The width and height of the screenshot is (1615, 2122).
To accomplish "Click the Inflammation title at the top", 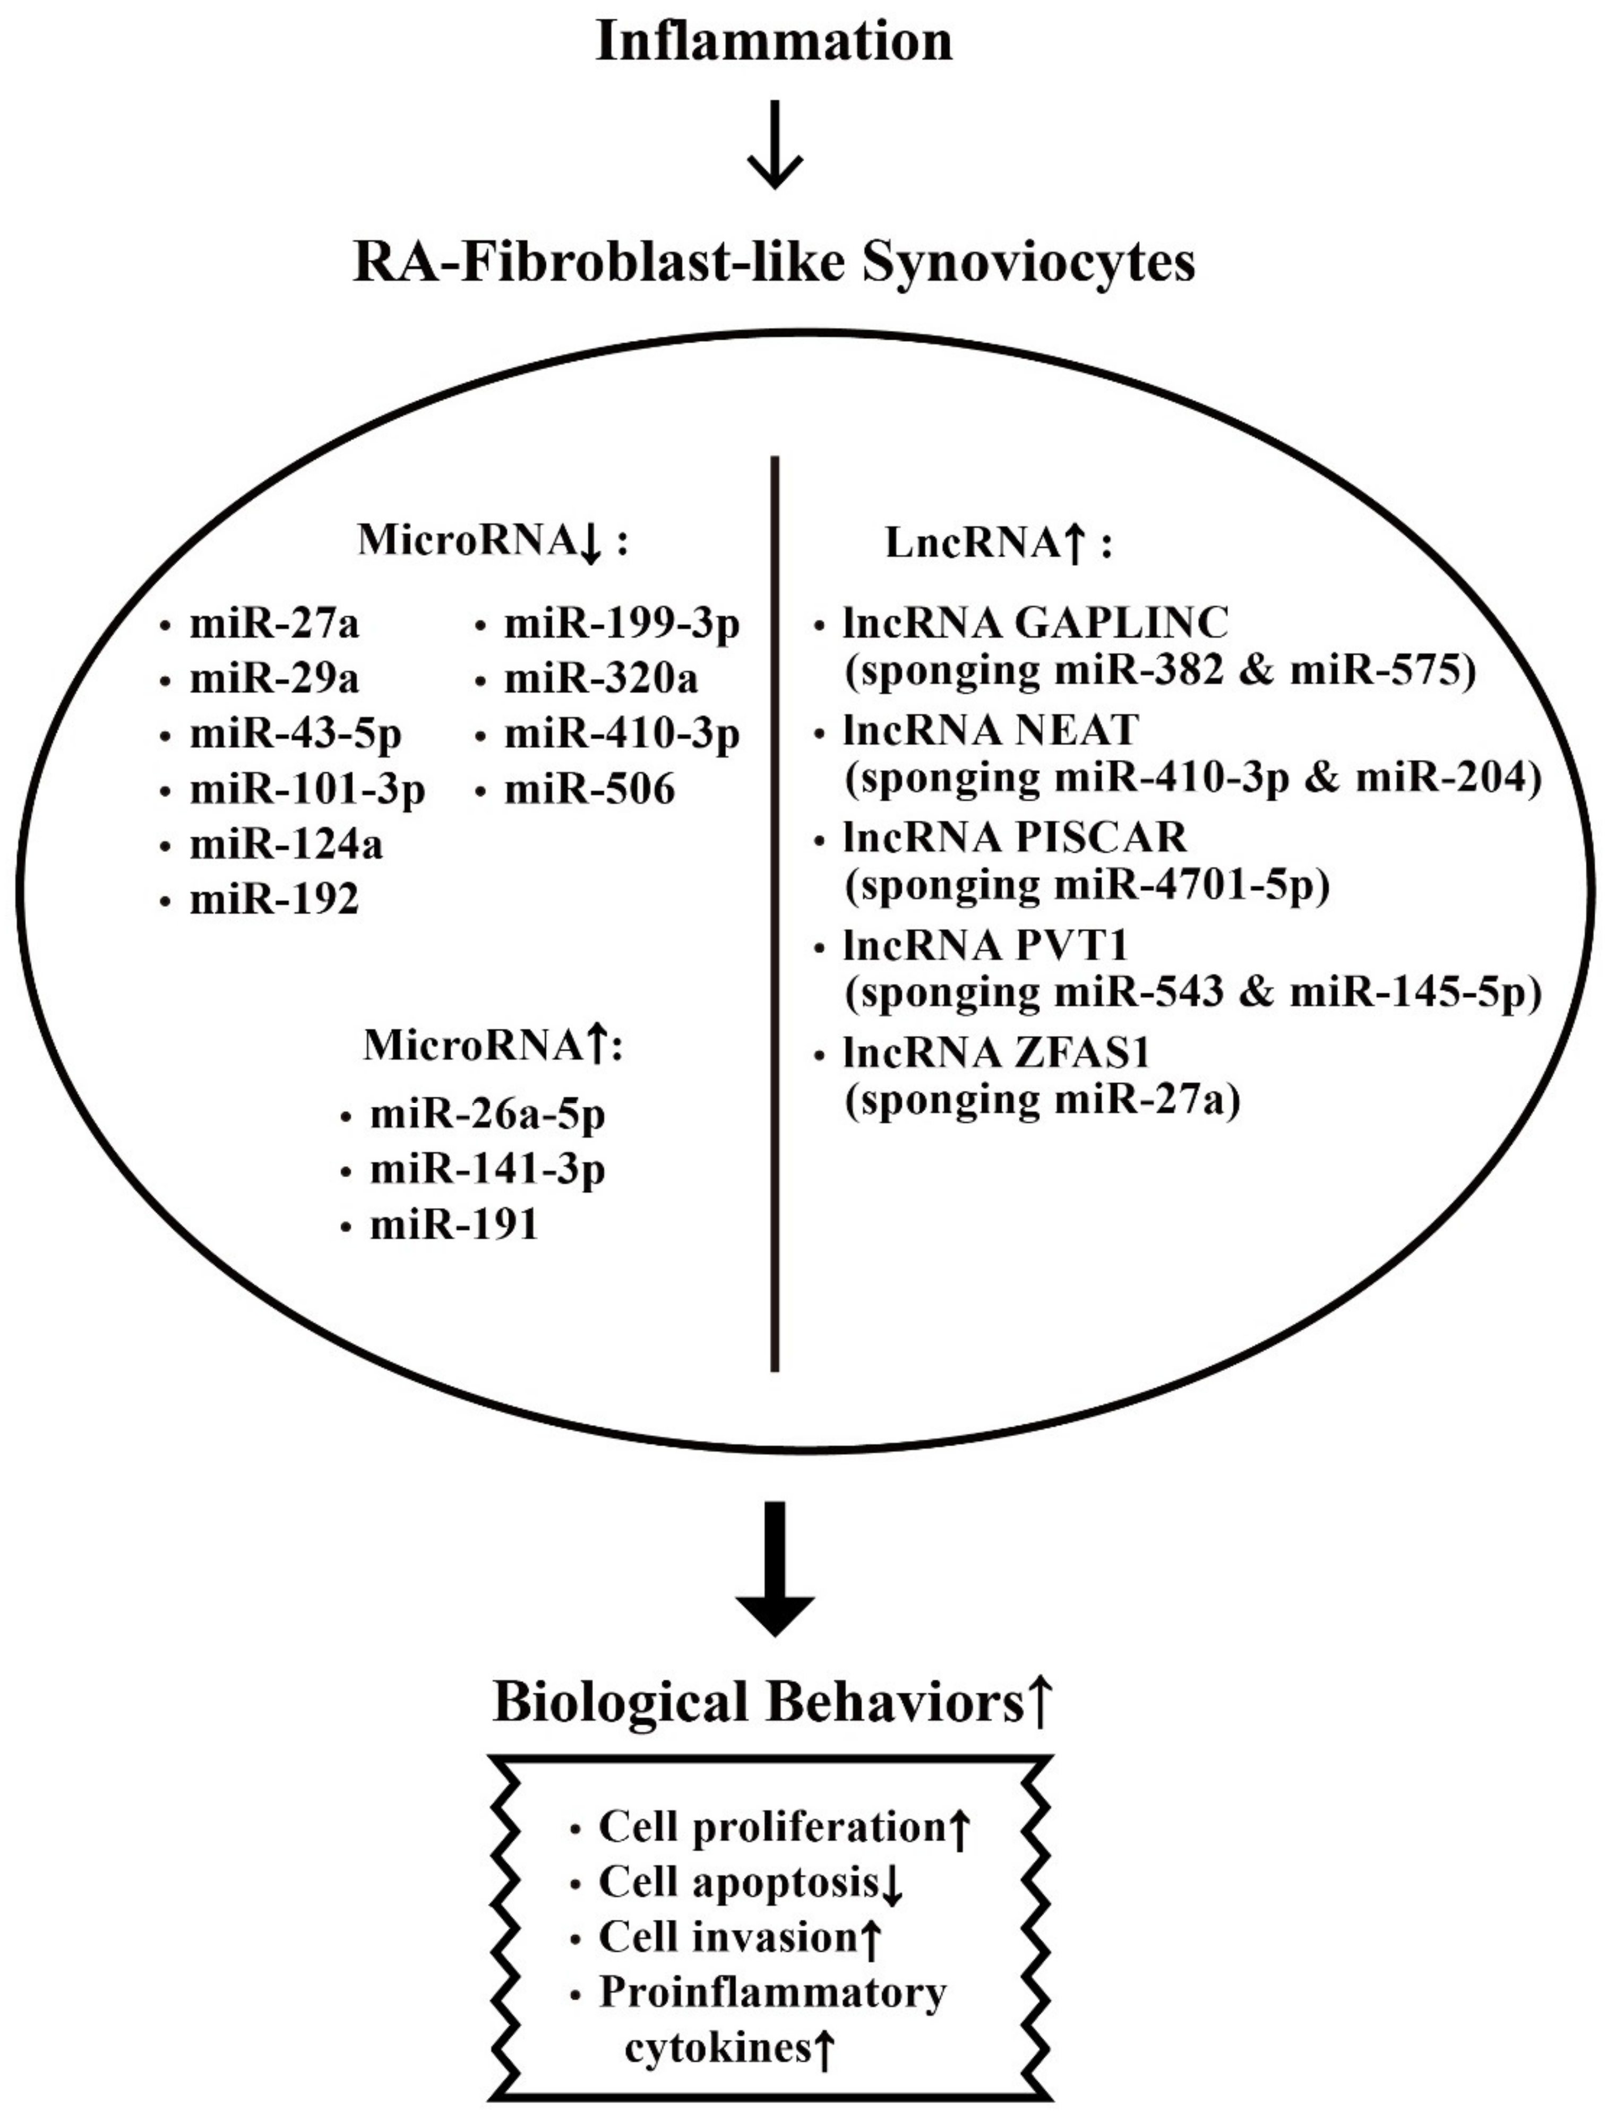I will pos(774,42).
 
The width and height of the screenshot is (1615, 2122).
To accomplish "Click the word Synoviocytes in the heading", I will pos(1028,262).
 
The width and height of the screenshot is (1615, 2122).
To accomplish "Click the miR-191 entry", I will pos(454,1226).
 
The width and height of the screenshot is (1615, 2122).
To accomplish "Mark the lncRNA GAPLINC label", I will pos(1035,623).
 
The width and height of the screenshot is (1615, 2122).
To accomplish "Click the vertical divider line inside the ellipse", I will pos(775,913).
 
